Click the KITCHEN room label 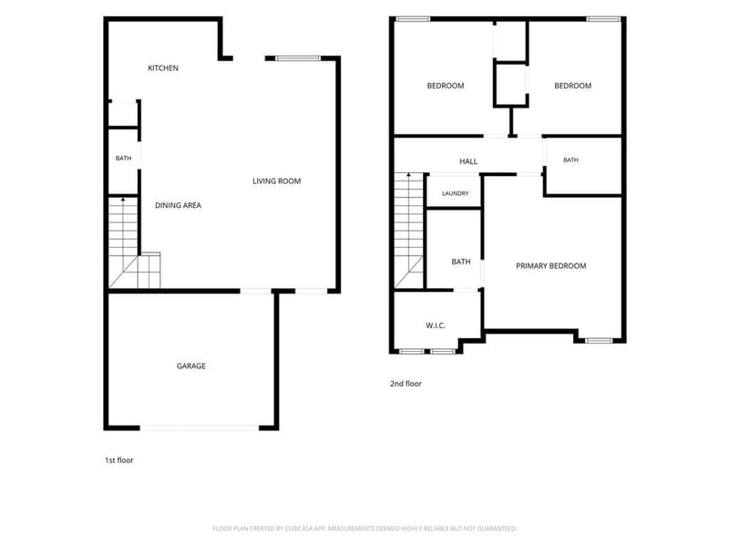pyautogui.click(x=163, y=67)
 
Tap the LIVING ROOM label pyautogui.click(x=277, y=181)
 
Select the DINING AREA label pyautogui.click(x=178, y=205)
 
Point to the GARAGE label pyautogui.click(x=191, y=366)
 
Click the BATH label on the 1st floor pyautogui.click(x=123, y=158)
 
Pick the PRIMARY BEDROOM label pyautogui.click(x=551, y=266)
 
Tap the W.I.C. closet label pyautogui.click(x=436, y=325)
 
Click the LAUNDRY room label pyautogui.click(x=455, y=193)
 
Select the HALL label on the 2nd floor pyautogui.click(x=468, y=161)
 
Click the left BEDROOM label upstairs pyautogui.click(x=446, y=86)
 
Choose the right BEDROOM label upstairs pyautogui.click(x=573, y=86)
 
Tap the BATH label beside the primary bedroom pyautogui.click(x=461, y=262)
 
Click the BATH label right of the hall pyautogui.click(x=571, y=160)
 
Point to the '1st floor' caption pyautogui.click(x=119, y=460)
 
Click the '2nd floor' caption pyautogui.click(x=406, y=384)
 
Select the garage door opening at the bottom pyautogui.click(x=200, y=428)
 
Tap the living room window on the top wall pyautogui.click(x=298, y=58)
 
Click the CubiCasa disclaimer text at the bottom pyautogui.click(x=364, y=529)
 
